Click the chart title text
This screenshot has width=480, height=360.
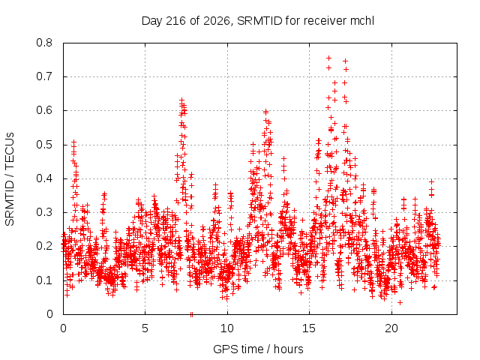258,21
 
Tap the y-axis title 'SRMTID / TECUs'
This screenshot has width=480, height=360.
10,179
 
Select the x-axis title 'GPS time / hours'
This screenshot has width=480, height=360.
258,349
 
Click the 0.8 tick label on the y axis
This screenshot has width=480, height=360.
44,43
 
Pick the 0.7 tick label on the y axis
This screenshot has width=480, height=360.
44,76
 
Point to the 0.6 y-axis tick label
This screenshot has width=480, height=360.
44,110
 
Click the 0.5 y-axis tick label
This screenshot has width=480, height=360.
44,145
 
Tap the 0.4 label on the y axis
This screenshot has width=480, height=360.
44,178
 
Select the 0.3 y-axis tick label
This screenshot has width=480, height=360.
44,212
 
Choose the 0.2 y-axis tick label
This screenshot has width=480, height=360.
44,246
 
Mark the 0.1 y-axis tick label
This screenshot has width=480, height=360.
44,280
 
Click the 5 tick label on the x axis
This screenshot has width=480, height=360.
145,328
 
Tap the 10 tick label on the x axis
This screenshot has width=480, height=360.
227,328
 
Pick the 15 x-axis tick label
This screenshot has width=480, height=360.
309,328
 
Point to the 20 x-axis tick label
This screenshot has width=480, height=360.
391,328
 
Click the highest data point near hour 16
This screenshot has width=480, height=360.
329,58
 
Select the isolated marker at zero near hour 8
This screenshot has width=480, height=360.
192,314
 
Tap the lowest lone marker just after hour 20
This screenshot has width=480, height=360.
400,302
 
